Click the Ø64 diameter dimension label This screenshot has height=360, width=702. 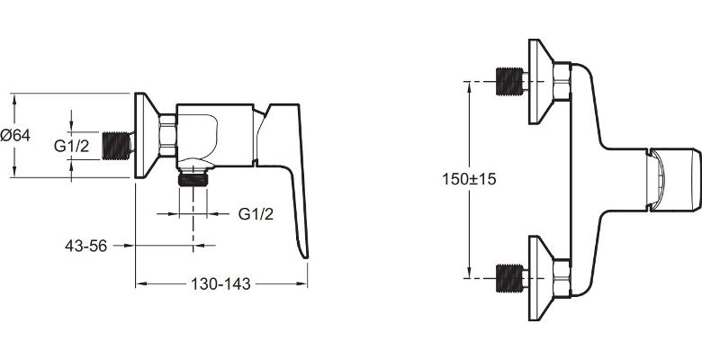(x=15, y=135)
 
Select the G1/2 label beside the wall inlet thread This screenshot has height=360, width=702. (x=72, y=146)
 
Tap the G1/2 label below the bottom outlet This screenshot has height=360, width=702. (x=256, y=214)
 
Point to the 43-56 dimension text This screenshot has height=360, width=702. (x=86, y=246)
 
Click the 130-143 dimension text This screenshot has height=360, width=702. (x=220, y=283)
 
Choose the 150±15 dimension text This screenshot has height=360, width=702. (x=469, y=179)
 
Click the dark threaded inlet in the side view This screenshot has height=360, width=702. (x=117, y=146)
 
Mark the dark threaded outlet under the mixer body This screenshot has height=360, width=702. (x=193, y=179)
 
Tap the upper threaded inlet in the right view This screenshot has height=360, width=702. (x=509, y=82)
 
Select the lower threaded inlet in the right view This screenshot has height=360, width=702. (x=509, y=278)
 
